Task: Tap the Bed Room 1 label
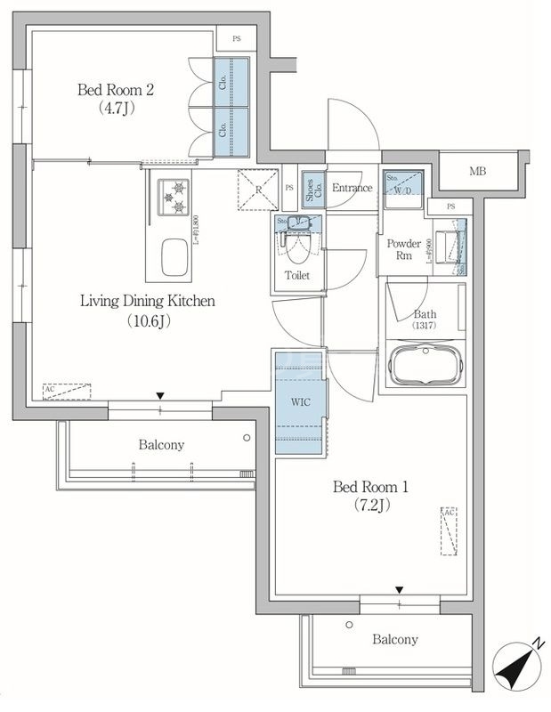pyautogui.click(x=369, y=488)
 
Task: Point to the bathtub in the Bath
pyautogui.click(x=424, y=365)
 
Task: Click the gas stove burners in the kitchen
pyautogui.click(x=174, y=198)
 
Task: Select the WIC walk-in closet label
pyautogui.click(x=300, y=401)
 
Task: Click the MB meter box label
pyautogui.click(x=478, y=171)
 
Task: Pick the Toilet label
pyautogui.click(x=296, y=276)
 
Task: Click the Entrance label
pyautogui.click(x=352, y=188)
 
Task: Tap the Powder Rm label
pyautogui.click(x=403, y=250)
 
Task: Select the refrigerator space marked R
pyautogui.click(x=255, y=189)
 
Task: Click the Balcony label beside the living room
pyautogui.click(x=160, y=444)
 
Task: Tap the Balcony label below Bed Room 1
pyautogui.click(x=394, y=639)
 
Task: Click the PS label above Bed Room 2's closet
pyautogui.click(x=236, y=39)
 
